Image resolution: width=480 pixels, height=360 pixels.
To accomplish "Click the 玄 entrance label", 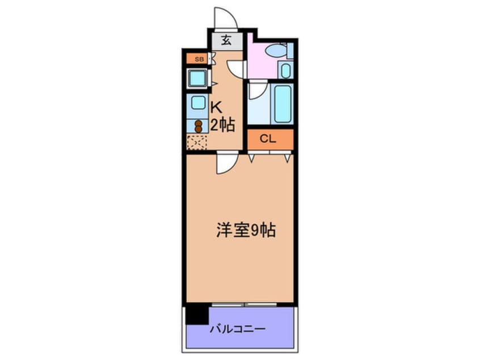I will pyautogui.click(x=226, y=40).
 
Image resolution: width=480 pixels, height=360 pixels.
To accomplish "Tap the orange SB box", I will pyautogui.click(x=198, y=58).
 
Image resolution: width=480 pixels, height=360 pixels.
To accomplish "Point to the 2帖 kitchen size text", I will pyautogui.click(x=222, y=125).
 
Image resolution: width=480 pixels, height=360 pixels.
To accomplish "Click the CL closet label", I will pyautogui.click(x=270, y=138).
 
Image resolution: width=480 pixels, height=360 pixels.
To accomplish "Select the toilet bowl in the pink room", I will pyautogui.click(x=276, y=51).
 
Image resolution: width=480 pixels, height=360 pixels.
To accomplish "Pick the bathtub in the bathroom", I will pyautogui.click(x=282, y=103).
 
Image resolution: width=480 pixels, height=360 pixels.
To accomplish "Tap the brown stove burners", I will pyautogui.click(x=199, y=125).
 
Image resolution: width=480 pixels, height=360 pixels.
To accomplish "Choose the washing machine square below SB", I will pyautogui.click(x=197, y=77).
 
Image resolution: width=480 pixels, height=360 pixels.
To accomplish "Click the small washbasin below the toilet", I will pyautogui.click(x=285, y=71).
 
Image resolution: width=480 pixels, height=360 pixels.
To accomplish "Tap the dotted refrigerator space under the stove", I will pyautogui.click(x=197, y=142).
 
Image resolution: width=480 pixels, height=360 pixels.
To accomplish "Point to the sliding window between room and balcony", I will pyautogui.click(x=244, y=304).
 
